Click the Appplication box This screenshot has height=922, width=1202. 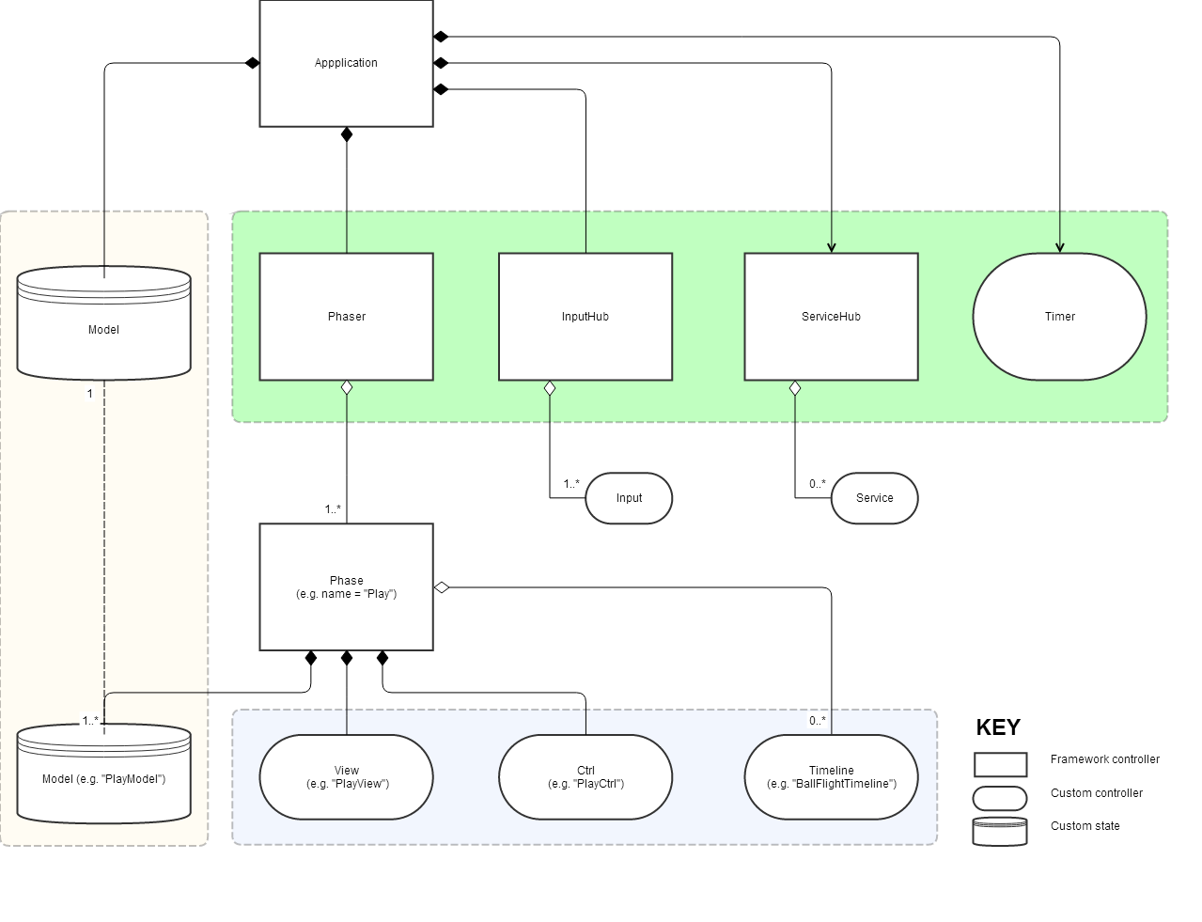pos(346,63)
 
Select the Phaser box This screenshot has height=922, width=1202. pos(346,317)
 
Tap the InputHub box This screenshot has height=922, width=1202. pos(585,317)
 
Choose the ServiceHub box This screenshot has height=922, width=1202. pos(831,317)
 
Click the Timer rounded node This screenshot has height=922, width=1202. pos(1059,317)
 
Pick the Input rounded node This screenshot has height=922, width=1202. pos(629,498)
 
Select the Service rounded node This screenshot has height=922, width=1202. pos(874,498)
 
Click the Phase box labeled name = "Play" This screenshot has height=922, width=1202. pos(346,587)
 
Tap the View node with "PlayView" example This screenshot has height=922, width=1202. pos(346,777)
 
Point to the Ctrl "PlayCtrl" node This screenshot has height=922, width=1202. pos(585,777)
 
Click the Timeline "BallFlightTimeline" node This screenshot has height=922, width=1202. pos(831,777)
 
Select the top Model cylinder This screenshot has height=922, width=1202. pos(103,324)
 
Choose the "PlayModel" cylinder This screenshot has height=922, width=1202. pos(103,775)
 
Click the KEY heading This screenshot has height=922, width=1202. pos(998,727)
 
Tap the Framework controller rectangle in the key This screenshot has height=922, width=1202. pos(1000,764)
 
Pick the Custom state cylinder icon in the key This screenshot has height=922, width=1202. pos(1000,832)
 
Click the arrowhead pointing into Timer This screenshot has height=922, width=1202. pos(1060,248)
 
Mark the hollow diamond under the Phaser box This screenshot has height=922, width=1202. pos(347,387)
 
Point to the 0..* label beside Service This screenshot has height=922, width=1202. pos(818,484)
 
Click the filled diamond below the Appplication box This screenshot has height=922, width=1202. pos(347,134)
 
